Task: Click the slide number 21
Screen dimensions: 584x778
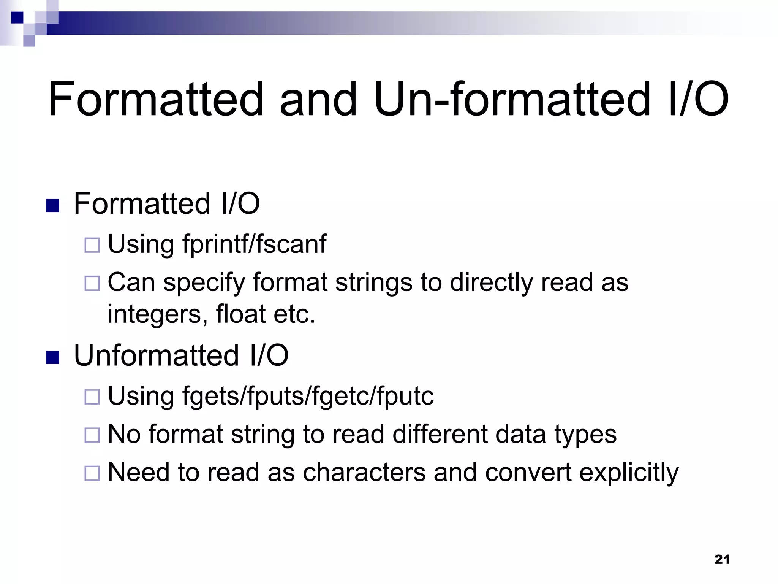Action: (x=722, y=559)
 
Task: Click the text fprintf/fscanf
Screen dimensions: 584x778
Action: (x=254, y=243)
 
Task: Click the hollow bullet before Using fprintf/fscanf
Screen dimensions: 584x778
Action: (x=92, y=245)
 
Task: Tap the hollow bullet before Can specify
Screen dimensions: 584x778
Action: (x=92, y=283)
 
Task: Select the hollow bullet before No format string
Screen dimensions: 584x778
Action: (x=92, y=435)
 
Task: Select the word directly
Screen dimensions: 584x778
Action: (x=491, y=282)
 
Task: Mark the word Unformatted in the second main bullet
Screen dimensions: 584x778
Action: (x=157, y=355)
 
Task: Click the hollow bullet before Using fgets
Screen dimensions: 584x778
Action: (x=92, y=397)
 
